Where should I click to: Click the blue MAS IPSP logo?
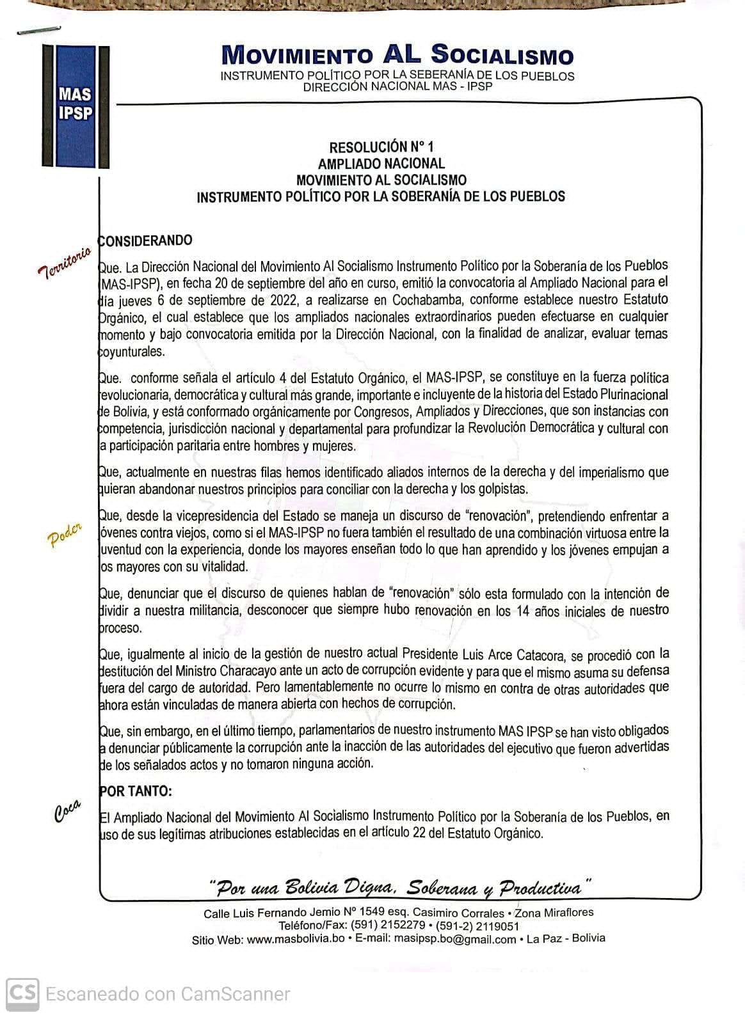(76, 104)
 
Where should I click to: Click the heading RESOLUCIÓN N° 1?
(381, 147)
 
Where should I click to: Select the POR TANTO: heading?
(136, 791)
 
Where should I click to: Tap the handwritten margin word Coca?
(67, 810)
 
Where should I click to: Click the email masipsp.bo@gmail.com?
(454, 939)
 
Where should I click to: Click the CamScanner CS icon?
(22, 994)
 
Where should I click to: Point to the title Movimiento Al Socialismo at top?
(397, 55)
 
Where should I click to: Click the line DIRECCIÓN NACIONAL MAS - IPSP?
(397, 86)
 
